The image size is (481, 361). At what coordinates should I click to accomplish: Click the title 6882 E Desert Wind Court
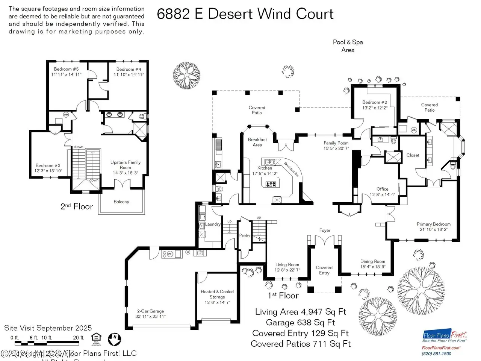click(245, 14)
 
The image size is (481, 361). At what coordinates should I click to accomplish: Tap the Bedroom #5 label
click(66, 69)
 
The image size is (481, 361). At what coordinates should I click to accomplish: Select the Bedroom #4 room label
click(129, 69)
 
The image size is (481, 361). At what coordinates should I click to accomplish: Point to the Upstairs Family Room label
click(126, 165)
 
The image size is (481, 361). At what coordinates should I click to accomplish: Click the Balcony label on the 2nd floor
click(121, 202)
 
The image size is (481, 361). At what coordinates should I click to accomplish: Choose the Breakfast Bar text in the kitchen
click(291, 169)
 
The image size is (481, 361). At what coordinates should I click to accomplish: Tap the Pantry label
click(245, 235)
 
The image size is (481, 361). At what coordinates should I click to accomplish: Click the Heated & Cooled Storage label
click(217, 294)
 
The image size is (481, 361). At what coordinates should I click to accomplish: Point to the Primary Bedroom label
click(433, 224)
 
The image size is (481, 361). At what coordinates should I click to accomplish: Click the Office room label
click(382, 189)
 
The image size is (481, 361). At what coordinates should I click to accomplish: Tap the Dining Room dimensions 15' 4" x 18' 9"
click(372, 267)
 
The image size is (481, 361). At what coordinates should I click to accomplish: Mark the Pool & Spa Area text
click(348, 46)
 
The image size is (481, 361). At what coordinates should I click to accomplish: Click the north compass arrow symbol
click(115, 339)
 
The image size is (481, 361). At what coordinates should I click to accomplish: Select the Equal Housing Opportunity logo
click(96, 338)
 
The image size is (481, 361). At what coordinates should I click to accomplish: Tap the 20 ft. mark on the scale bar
click(79, 338)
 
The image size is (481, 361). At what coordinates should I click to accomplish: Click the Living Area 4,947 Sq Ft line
click(301, 312)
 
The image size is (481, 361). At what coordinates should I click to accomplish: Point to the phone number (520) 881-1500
click(437, 353)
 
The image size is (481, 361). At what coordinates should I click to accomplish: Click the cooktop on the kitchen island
click(271, 184)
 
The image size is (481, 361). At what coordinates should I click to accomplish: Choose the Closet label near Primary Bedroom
click(413, 155)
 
